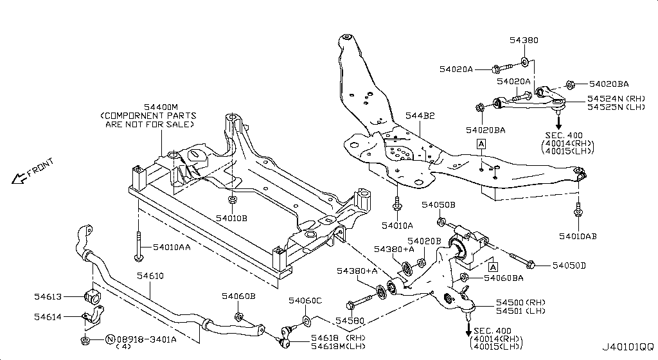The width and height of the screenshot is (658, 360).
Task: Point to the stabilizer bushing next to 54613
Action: click(x=93, y=298)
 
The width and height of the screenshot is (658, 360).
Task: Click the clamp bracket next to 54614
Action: click(x=92, y=318)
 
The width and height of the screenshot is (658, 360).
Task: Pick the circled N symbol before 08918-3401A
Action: click(x=109, y=339)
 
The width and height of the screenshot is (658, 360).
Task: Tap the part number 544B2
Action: click(x=420, y=116)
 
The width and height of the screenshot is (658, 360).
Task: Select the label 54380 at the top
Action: click(x=524, y=40)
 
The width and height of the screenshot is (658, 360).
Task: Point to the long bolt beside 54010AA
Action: click(x=138, y=248)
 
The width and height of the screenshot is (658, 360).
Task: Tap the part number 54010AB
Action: click(x=578, y=237)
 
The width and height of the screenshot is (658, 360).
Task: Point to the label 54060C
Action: click(x=305, y=300)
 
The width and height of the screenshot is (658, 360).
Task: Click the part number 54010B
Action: click(x=231, y=219)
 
